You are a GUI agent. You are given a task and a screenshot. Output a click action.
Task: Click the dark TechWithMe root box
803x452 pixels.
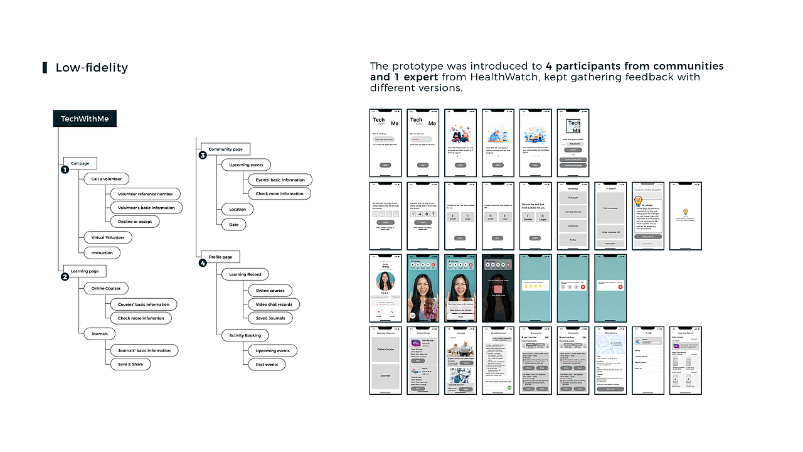coord(85,119)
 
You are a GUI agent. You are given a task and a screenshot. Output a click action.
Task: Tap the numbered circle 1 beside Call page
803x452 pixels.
coord(64,169)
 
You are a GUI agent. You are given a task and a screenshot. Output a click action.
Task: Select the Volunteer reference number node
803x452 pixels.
coord(145,194)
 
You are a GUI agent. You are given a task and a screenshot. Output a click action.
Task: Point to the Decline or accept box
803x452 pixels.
coord(134,222)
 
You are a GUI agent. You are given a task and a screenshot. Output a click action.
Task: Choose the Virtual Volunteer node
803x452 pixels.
coord(108,237)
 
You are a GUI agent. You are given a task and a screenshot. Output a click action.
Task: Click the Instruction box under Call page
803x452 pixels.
coord(102,253)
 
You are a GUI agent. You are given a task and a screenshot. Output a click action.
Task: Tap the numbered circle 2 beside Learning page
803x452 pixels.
coord(64,277)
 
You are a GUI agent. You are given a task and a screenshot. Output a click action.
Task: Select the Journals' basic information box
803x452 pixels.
coord(144,350)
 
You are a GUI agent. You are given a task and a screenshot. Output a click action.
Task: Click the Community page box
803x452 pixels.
coord(225,149)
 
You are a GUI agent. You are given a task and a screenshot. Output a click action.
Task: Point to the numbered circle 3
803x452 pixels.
coord(203,155)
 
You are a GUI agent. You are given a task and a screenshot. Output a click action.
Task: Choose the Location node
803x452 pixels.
coord(237,209)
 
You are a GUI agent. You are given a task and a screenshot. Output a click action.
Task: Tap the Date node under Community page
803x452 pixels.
coord(233,224)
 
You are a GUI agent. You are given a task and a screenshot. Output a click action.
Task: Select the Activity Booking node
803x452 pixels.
coord(245,335)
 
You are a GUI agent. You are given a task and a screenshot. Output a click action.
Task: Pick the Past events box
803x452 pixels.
coord(266,364)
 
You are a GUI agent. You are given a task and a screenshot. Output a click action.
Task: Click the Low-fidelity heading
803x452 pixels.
coord(92,68)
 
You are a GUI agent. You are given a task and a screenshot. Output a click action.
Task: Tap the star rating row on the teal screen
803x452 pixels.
coord(535,285)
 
